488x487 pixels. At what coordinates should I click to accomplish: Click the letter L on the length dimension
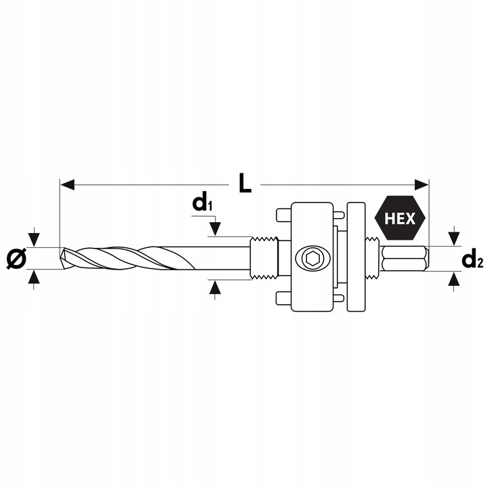[244, 183]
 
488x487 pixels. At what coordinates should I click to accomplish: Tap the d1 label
[203, 202]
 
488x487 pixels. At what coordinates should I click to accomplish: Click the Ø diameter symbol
[17, 259]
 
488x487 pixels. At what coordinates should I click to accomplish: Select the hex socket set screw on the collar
[313, 257]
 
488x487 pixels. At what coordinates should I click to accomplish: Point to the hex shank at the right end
[405, 258]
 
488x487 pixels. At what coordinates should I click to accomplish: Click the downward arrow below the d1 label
[215, 229]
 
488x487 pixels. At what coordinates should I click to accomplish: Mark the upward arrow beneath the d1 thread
[215, 289]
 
